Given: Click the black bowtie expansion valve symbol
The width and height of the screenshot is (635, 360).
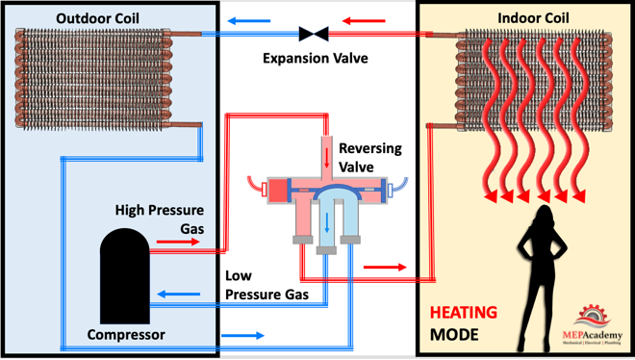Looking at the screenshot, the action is tap(314, 34).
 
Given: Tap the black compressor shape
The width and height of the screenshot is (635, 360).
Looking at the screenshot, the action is tap(125, 276).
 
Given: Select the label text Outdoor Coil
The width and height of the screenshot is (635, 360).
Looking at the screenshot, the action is tap(97, 18).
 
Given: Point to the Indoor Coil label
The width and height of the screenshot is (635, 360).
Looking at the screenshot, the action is tap(533, 18).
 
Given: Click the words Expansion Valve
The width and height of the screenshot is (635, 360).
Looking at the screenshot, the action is tap(316, 59).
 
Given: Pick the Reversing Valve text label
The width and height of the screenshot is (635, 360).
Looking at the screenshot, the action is tap(370, 158).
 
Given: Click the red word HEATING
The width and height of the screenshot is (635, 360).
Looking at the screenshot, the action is tap(464, 313).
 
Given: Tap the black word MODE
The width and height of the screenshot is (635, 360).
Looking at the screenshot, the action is tap(454, 335).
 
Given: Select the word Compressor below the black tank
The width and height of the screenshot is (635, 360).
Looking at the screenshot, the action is tap(126, 335).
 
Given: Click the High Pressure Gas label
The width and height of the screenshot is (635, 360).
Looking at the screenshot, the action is tap(160, 219).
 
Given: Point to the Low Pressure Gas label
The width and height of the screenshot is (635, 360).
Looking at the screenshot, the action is tap(267, 285).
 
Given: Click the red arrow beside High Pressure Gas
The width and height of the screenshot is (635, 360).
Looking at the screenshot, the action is tap(178, 243).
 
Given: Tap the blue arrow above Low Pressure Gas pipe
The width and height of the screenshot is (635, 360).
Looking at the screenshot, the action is tap(178, 294).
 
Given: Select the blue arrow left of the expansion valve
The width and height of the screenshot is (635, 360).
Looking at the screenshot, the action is tap(248, 20).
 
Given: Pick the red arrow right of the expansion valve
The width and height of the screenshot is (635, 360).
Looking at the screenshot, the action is tap(364, 20).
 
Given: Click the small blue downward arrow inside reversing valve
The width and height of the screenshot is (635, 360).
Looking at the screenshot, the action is tap(327, 223).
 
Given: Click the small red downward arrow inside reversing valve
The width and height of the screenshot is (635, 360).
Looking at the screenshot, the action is tap(326, 158).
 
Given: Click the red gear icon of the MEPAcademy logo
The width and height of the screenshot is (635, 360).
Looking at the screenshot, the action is tap(594, 314).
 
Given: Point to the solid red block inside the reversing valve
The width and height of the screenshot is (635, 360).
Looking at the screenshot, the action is tap(278, 191).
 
